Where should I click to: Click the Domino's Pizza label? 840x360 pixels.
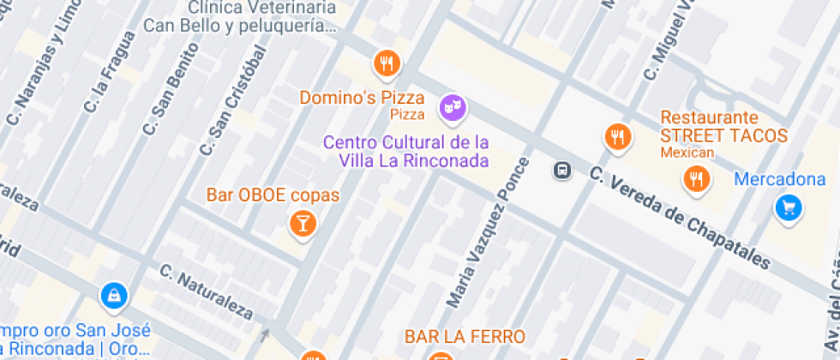[362, 98]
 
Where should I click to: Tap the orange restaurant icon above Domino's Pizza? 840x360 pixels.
[387, 63]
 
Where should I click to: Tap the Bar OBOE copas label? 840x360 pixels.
[273, 195]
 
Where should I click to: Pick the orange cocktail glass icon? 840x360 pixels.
[302, 225]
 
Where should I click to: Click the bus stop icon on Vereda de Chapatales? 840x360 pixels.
[562, 171]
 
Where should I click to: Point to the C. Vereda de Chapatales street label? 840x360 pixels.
[680, 217]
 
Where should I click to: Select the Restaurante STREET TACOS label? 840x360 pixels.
[723, 127]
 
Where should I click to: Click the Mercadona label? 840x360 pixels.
[787, 180]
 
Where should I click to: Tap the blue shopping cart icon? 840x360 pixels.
[788, 207]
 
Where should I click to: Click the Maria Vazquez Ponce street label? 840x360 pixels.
[489, 232]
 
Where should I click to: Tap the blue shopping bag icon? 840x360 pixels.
[114, 297]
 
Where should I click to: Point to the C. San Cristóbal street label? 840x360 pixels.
[233, 101]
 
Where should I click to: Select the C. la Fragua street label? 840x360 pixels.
[111, 72]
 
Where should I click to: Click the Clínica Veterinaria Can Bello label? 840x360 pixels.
[239, 16]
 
